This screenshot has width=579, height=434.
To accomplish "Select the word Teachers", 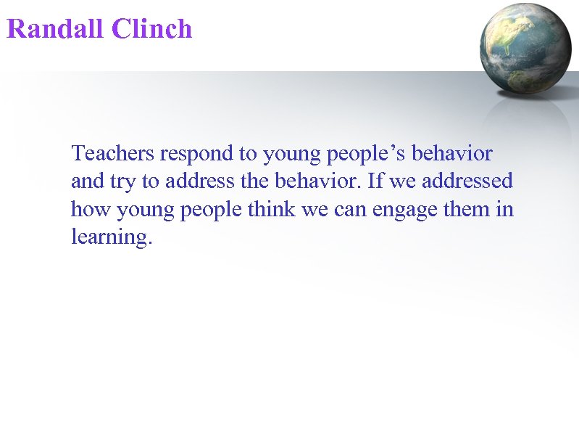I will pos(113,154).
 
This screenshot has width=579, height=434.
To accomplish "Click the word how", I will pos(86,209).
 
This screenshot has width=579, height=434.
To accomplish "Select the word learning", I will pos(110,238).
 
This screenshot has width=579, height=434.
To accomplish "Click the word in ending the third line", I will pos(506,209).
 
